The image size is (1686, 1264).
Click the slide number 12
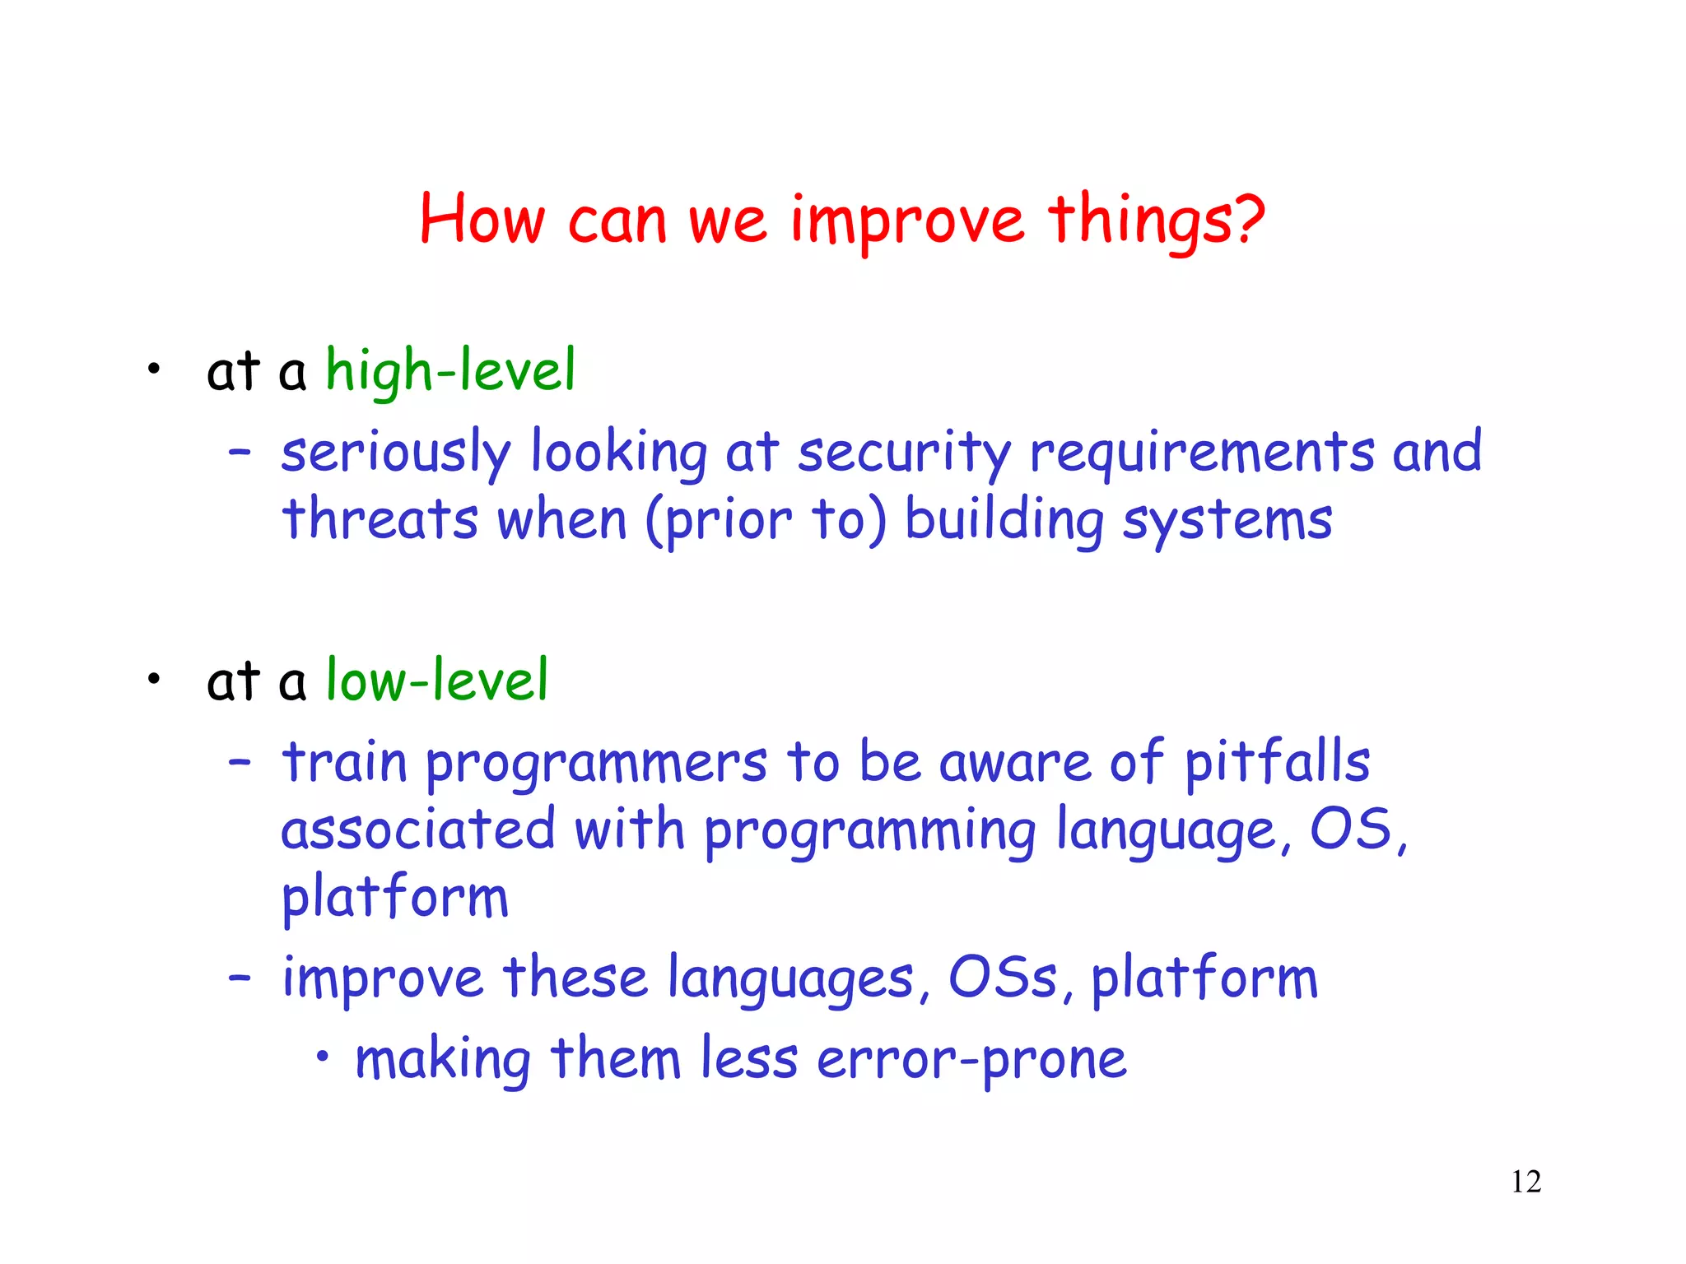coord(1525,1182)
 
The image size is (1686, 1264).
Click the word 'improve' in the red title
coord(906,221)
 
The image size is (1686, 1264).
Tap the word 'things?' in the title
coord(1156,221)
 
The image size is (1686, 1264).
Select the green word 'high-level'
coord(450,371)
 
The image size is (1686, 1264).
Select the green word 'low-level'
coord(436,681)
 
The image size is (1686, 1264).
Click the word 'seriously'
coord(395,453)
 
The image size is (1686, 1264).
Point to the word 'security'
coord(904,453)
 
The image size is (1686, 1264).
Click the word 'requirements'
coord(1202,453)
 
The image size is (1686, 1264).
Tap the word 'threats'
coord(380,521)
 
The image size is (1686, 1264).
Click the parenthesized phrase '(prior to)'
coord(766,521)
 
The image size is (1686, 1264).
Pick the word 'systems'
coord(1227,521)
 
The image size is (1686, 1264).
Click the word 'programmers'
coord(596,763)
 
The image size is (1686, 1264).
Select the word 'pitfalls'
coord(1277,763)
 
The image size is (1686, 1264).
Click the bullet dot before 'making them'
coord(324,1056)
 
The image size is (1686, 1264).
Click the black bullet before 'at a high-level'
coord(153,369)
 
